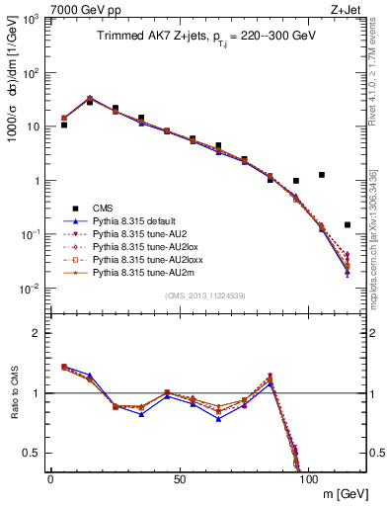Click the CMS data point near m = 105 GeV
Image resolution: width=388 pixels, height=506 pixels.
coord(322,175)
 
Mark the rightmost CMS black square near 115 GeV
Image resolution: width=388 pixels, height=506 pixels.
coord(348,224)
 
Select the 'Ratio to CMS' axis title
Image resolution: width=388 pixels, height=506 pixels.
coord(14,395)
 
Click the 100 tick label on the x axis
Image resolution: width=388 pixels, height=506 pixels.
coord(308,479)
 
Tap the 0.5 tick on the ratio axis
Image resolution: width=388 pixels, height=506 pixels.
coord(37,453)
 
